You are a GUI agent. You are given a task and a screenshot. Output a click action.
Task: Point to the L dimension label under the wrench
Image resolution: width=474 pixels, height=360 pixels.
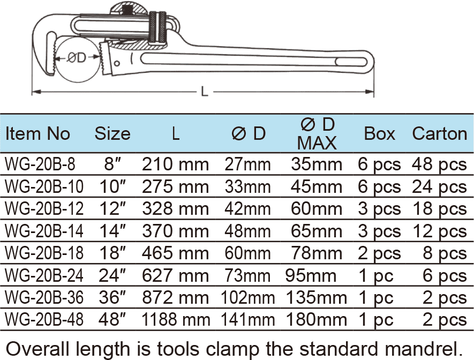[205, 92]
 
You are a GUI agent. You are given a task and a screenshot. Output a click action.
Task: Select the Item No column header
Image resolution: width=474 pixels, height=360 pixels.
[37, 133]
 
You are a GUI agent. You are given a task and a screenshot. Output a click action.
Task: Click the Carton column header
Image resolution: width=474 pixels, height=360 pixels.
[439, 133]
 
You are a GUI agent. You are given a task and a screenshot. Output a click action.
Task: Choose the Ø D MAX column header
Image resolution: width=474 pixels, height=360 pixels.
[317, 133]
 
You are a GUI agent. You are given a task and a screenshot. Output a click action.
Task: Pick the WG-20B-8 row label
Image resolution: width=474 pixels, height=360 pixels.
[36, 164]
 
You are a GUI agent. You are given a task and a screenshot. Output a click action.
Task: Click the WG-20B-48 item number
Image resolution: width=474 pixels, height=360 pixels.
[44, 320]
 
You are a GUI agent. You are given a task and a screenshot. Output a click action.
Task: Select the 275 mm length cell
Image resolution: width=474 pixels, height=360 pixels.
[175, 187]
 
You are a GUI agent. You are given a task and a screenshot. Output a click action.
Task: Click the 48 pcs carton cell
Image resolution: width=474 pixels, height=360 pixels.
[439, 164]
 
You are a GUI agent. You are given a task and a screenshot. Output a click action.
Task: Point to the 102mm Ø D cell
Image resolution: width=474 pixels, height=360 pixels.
[248, 297]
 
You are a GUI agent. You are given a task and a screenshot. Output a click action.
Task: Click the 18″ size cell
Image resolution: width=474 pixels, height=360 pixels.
[113, 253]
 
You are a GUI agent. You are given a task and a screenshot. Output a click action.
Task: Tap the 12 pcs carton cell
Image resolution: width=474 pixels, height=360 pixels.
[439, 231]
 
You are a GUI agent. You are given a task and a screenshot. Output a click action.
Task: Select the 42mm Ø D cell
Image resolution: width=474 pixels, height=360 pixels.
[248, 209]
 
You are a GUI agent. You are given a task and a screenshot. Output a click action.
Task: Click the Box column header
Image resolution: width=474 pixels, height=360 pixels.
[379, 133]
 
